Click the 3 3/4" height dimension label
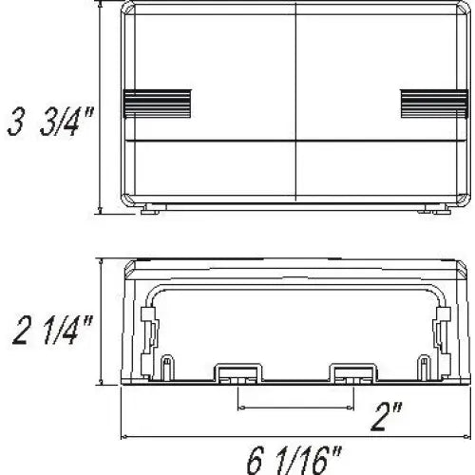point(50,122)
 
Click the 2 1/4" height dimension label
point(52,331)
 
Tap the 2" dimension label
point(388,417)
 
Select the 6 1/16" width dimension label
point(294,460)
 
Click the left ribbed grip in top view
point(157,104)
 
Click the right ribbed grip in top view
point(434,104)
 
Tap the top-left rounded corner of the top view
point(127,8)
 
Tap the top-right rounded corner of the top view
point(463,8)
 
